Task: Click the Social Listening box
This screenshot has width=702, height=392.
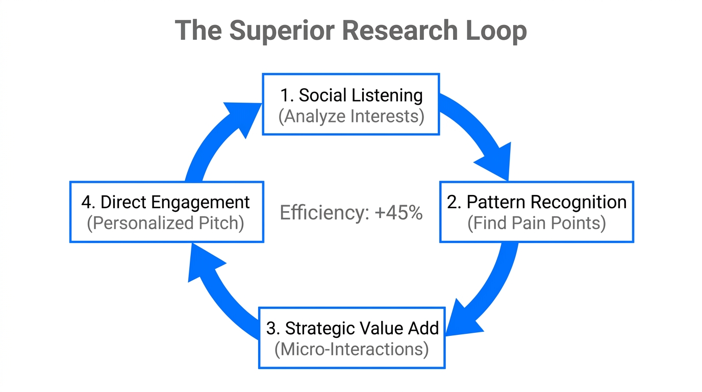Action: click(x=351, y=105)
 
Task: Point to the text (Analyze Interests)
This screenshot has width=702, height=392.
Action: click(x=351, y=116)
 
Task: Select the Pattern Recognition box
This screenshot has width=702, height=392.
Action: click(x=536, y=212)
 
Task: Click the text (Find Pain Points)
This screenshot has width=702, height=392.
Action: click(x=536, y=224)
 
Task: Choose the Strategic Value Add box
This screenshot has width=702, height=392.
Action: click(x=352, y=338)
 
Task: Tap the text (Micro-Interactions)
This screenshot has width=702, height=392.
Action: click(x=352, y=350)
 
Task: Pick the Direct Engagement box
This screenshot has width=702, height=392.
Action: click(x=166, y=212)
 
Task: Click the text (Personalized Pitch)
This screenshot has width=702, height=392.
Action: click(x=166, y=224)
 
